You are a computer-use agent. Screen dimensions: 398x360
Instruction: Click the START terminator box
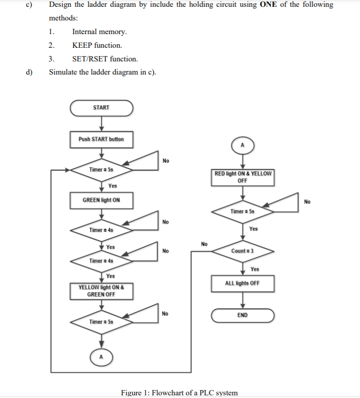101,108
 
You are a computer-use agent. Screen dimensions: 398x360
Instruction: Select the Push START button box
101,139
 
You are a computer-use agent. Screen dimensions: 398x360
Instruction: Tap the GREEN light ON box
101,200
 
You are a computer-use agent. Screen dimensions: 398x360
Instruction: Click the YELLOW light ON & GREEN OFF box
101,291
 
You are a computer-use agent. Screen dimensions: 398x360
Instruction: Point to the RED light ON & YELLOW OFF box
242,177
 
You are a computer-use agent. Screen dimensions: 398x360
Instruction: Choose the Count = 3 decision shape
242,251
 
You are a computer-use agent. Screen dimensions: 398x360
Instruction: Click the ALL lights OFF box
242,283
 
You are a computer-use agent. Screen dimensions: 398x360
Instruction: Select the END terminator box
242,315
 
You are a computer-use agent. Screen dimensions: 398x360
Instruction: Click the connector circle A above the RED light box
242,145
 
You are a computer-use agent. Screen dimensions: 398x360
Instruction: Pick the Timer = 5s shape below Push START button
101,170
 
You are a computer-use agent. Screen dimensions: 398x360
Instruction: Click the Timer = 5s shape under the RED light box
242,211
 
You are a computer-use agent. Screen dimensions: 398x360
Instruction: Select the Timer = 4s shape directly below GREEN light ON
101,230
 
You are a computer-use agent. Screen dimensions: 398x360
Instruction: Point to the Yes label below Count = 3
255,269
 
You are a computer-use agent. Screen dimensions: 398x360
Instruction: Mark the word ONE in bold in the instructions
269,5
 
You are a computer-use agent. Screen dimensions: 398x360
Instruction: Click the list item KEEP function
97,45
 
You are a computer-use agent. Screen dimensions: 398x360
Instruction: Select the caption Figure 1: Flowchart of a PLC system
179,392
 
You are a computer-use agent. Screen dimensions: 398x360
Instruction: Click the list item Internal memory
99,32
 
